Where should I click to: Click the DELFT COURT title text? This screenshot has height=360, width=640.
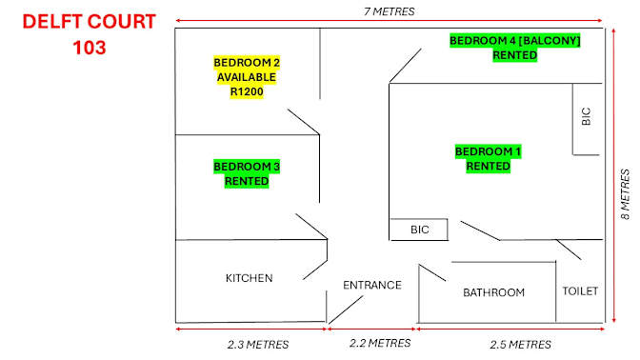click(x=89, y=22)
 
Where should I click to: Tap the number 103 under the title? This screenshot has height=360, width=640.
click(x=90, y=48)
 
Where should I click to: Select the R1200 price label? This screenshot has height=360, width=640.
click(x=247, y=91)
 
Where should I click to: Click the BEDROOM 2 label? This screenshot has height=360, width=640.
click(x=247, y=63)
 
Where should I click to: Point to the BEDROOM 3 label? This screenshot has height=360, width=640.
click(x=247, y=167)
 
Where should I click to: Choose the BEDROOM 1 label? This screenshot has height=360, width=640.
click(x=489, y=151)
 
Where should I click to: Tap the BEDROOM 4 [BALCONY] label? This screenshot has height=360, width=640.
click(x=514, y=40)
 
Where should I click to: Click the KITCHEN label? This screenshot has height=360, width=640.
click(x=249, y=278)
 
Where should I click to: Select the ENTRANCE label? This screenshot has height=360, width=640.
click(x=372, y=285)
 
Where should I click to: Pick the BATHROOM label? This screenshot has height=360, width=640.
click(x=494, y=292)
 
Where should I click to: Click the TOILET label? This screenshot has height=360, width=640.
click(x=580, y=291)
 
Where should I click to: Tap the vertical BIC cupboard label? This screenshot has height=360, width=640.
click(x=586, y=116)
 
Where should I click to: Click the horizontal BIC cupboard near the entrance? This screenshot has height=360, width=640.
click(x=420, y=230)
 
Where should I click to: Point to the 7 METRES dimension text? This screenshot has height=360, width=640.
click(x=389, y=11)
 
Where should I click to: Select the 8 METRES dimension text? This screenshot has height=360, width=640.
click(x=626, y=194)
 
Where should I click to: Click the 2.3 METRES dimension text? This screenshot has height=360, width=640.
click(x=258, y=345)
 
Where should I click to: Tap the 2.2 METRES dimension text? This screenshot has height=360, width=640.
click(x=380, y=343)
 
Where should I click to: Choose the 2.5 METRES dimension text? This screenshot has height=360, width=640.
click(x=520, y=345)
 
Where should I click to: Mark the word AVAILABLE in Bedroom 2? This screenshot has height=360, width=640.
click(x=247, y=77)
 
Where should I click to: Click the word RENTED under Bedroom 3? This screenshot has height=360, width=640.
click(x=247, y=181)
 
